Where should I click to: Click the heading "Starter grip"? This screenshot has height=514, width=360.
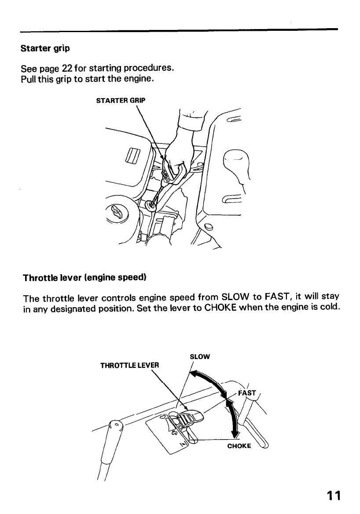tap(45, 48)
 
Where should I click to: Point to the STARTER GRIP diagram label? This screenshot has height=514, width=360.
tap(120, 100)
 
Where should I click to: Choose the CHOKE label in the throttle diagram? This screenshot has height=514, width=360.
tap(239, 446)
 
